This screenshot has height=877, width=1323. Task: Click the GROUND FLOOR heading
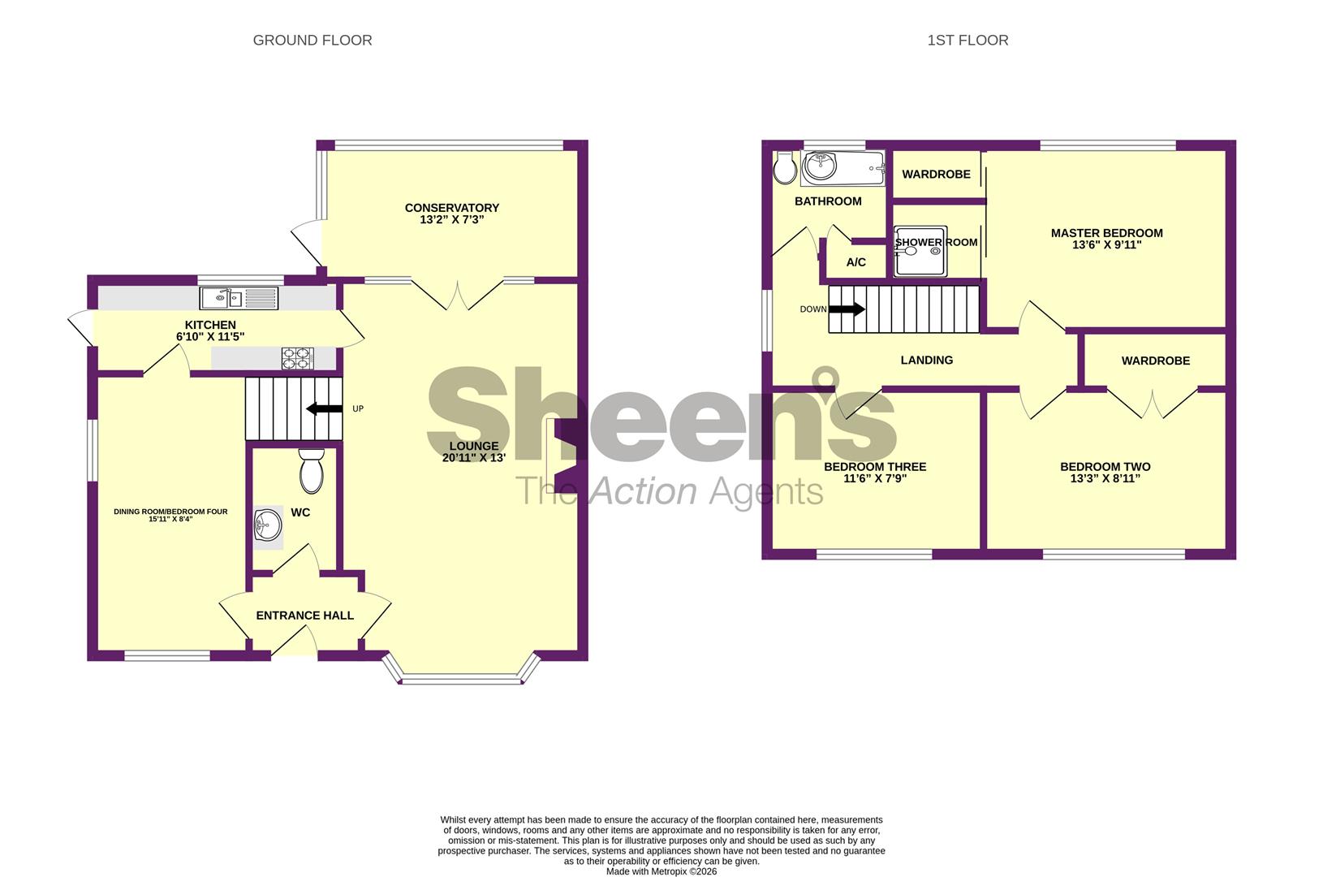click(312, 41)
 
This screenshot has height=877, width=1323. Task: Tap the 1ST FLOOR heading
click(967, 41)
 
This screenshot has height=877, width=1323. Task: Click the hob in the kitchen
click(297, 358)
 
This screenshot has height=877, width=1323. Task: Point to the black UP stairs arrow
click(324, 408)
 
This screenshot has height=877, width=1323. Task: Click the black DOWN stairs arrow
click(847, 309)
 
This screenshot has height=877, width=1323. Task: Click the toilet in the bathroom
click(785, 167)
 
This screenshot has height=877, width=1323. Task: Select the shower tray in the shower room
click(920, 252)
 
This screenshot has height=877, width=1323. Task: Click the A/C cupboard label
click(856, 262)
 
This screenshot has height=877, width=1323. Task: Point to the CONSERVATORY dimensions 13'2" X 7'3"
click(451, 219)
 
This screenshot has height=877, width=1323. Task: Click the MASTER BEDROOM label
click(1106, 233)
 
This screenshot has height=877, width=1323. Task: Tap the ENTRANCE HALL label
click(304, 616)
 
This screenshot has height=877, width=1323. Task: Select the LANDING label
click(926, 361)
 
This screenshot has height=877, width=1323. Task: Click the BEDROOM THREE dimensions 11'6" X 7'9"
click(875, 479)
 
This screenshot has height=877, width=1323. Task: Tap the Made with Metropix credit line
click(661, 871)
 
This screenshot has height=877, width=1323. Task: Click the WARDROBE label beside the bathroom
click(936, 175)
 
